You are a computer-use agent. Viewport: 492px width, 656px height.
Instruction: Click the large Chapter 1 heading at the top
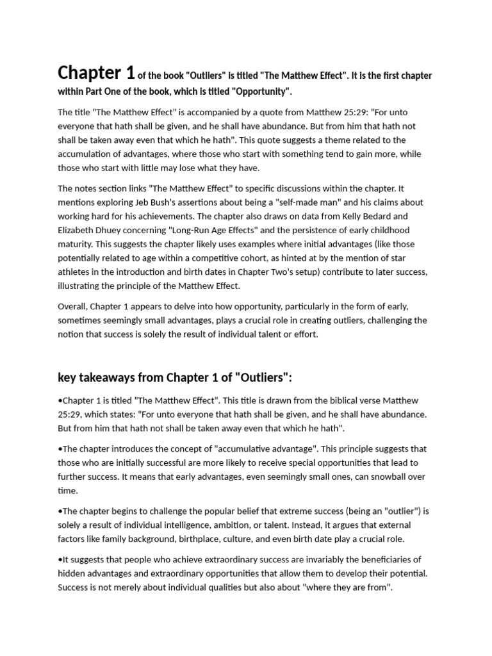96,72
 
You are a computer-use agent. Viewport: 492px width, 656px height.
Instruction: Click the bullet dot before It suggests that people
60,559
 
